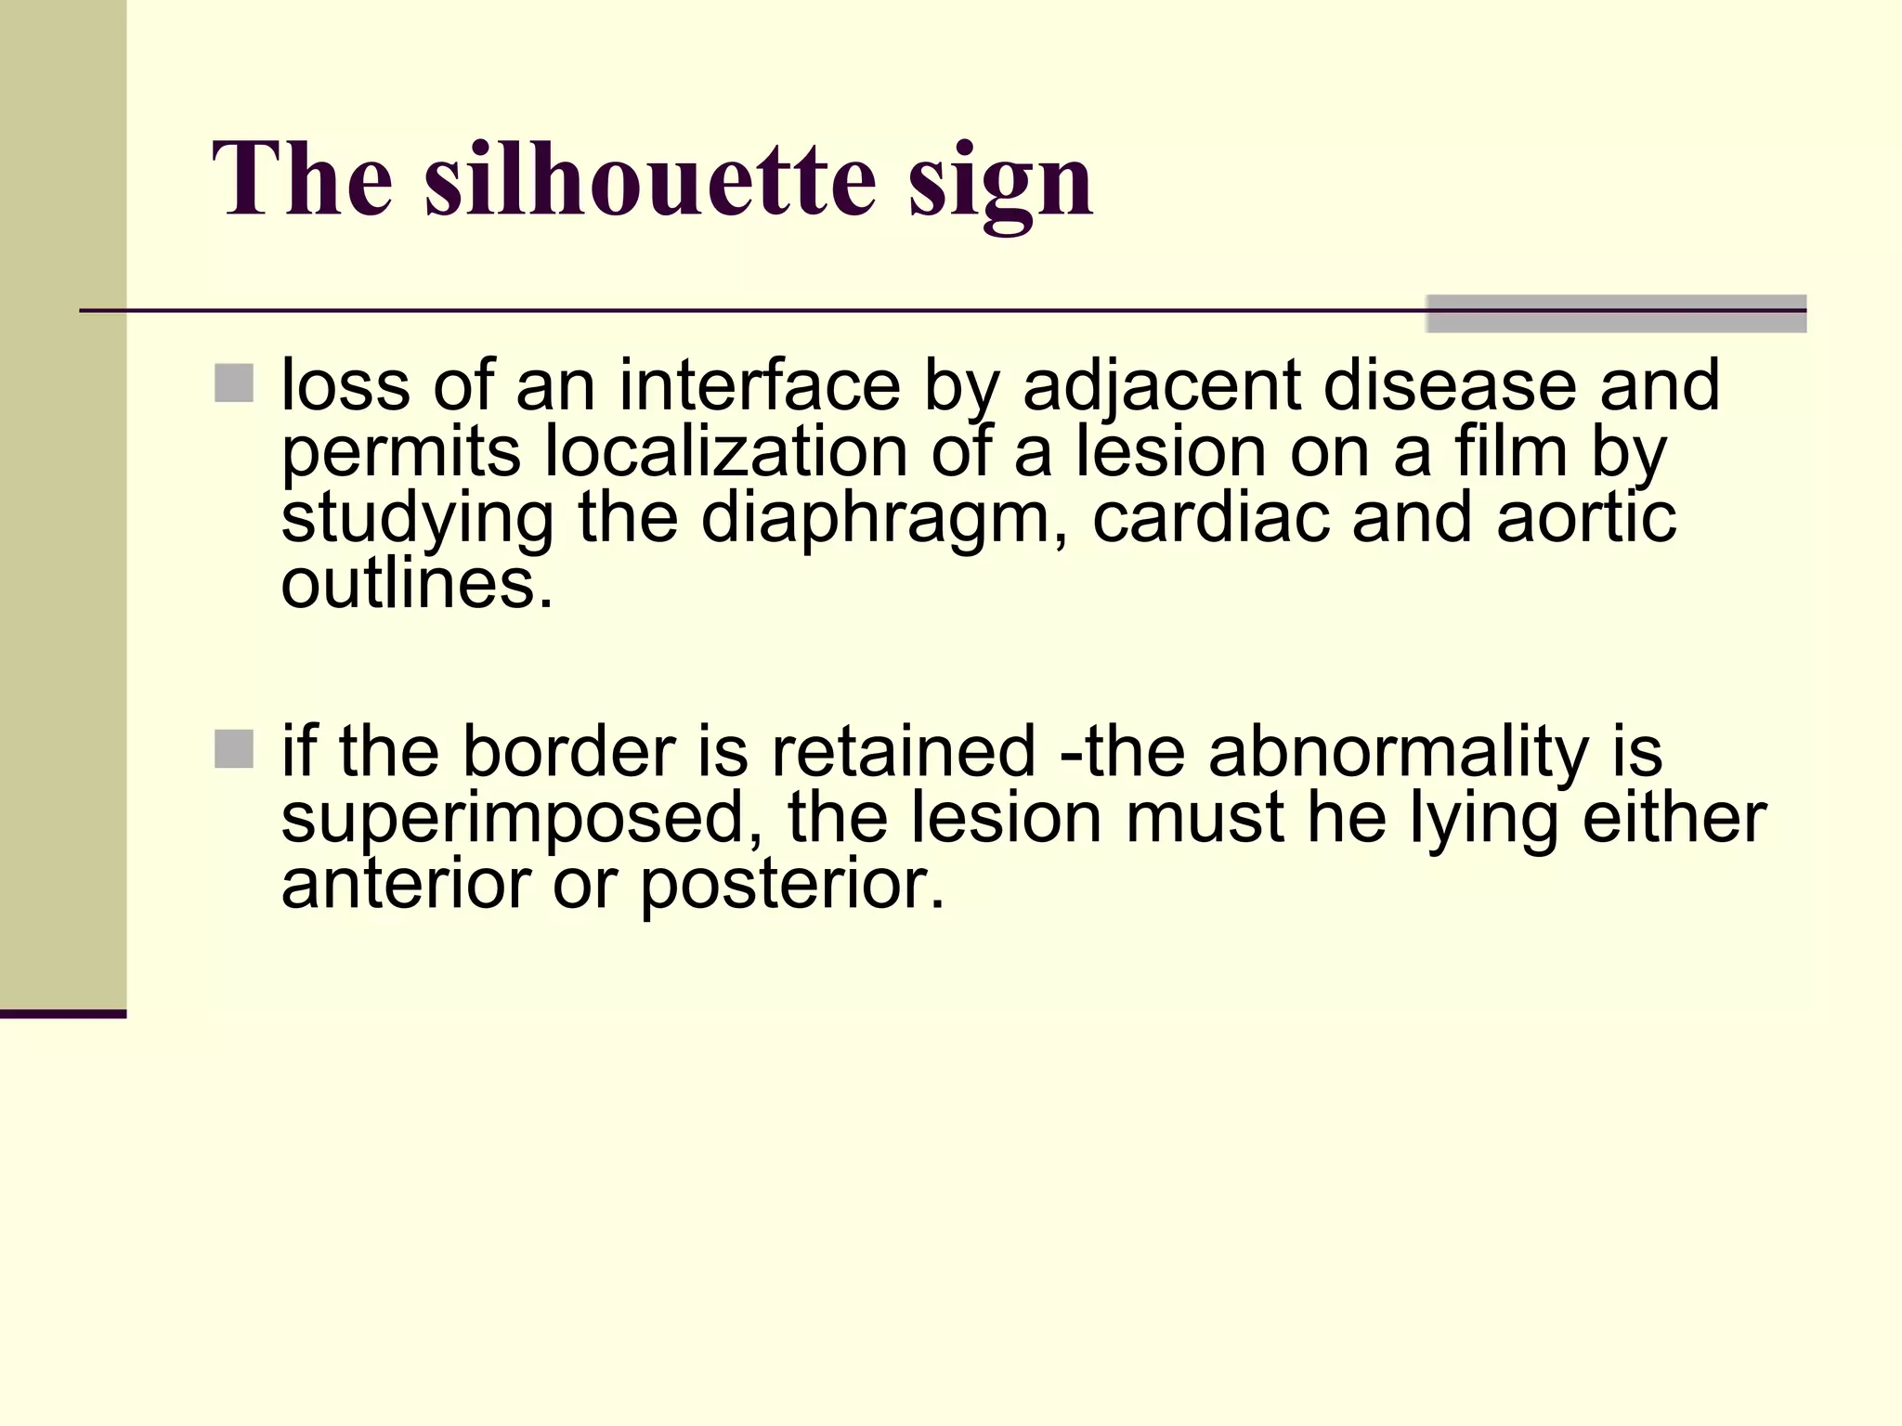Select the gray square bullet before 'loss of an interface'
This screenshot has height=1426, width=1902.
coord(234,383)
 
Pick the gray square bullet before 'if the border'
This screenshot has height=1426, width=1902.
coord(234,749)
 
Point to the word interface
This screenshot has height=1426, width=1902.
coord(760,385)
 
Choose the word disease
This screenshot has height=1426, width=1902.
coord(1450,385)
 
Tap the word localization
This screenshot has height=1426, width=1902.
coord(725,452)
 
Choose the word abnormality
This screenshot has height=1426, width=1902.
coord(1399,752)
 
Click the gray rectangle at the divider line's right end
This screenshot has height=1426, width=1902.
coord(1616,314)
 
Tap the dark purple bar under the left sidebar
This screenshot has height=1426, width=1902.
coord(63,1014)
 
